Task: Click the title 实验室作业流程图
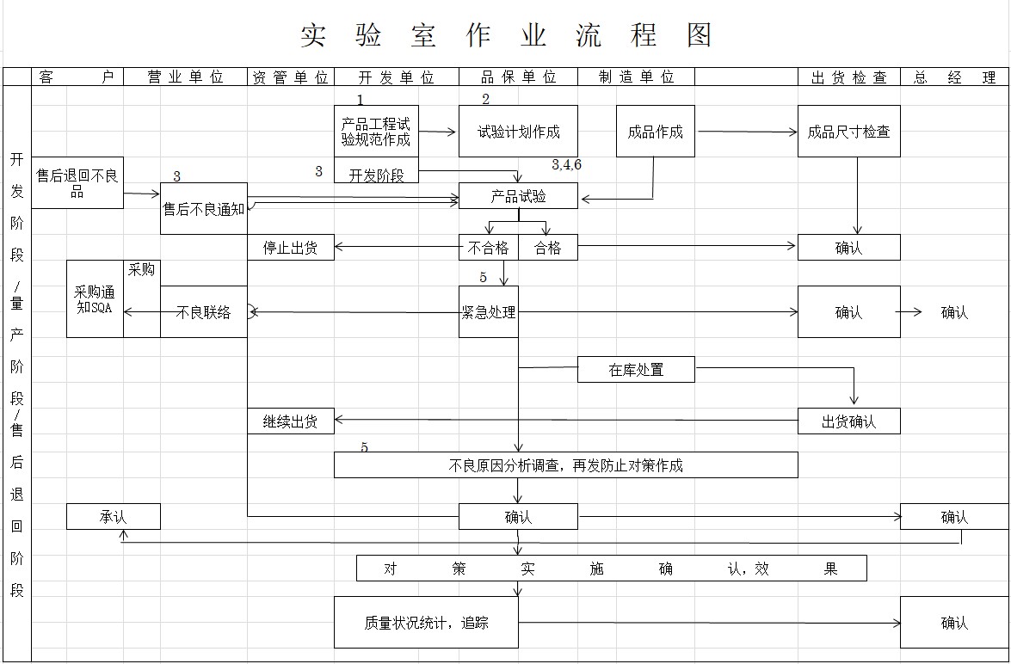[x=506, y=35]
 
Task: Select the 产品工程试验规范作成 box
[x=376, y=131]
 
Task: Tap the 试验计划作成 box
[x=518, y=132]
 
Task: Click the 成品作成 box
[x=655, y=132]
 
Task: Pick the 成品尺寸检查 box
[x=848, y=132]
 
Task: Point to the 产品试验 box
[x=518, y=196]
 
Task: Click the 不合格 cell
[x=488, y=248]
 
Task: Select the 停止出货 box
[x=290, y=248]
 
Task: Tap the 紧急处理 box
[x=488, y=311]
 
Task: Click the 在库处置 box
[x=636, y=370]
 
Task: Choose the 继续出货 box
[x=290, y=421]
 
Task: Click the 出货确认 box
[x=848, y=421]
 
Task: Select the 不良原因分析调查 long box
[x=565, y=465]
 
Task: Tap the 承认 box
[x=113, y=517]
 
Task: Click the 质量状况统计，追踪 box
[x=426, y=622]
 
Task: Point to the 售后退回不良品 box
[x=77, y=182]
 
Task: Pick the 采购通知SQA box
[x=95, y=299]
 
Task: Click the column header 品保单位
[x=518, y=77]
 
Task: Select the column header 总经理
[x=954, y=77]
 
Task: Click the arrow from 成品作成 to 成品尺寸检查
[x=745, y=132]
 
